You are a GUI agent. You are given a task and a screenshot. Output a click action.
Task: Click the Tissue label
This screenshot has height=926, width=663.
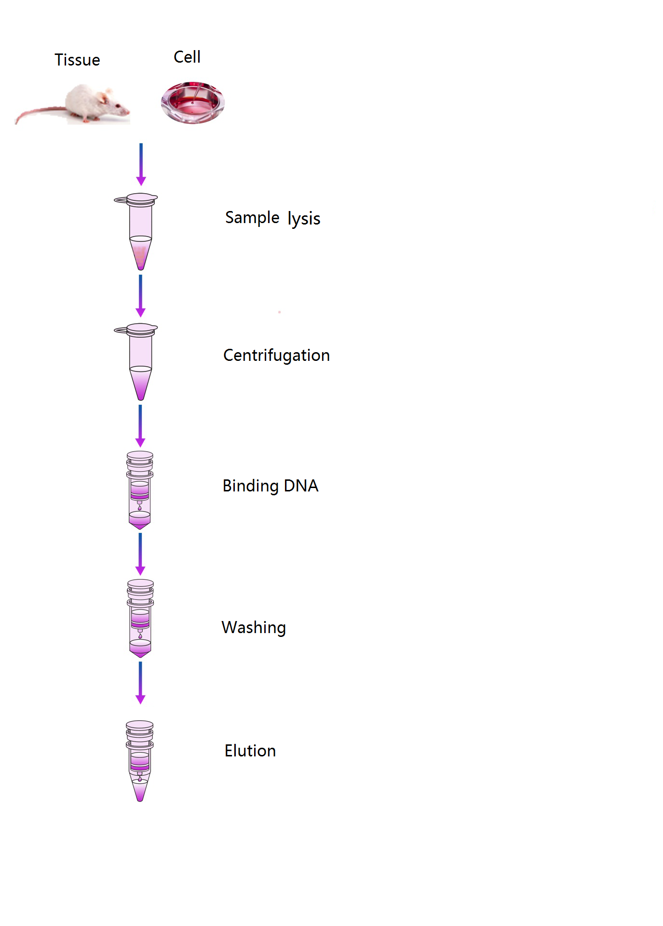77,60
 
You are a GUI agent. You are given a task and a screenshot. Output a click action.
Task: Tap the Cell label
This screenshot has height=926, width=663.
187,57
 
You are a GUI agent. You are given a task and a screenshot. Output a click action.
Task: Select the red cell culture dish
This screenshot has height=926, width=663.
193,103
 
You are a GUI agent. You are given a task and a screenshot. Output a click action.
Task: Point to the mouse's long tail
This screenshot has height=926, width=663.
41,114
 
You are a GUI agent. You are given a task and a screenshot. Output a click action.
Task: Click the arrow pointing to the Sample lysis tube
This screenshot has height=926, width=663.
141,164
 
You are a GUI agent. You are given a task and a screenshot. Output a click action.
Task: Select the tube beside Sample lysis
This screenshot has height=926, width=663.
136,231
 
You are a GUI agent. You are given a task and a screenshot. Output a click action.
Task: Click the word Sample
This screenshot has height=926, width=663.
252,218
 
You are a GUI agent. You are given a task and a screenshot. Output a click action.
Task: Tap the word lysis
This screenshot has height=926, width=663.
304,219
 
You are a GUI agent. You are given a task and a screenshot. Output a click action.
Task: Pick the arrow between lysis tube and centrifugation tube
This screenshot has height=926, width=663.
140,296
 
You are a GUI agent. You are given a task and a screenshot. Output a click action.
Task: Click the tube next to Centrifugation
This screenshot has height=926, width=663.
136,362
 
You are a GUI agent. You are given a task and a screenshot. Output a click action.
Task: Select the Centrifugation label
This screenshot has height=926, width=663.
277,356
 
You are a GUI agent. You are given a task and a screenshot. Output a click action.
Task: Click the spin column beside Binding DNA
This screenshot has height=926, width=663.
140,490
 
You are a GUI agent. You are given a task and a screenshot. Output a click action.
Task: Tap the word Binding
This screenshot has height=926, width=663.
251,486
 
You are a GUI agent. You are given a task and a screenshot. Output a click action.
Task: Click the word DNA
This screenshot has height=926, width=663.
301,486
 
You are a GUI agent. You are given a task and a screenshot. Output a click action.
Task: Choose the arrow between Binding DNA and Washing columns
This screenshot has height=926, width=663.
140,554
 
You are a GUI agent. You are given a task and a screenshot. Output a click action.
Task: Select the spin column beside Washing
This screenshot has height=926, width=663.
140,619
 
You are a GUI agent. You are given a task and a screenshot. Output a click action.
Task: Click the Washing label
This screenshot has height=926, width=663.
254,628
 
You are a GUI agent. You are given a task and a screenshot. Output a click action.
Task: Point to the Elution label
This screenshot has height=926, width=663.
250,751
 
